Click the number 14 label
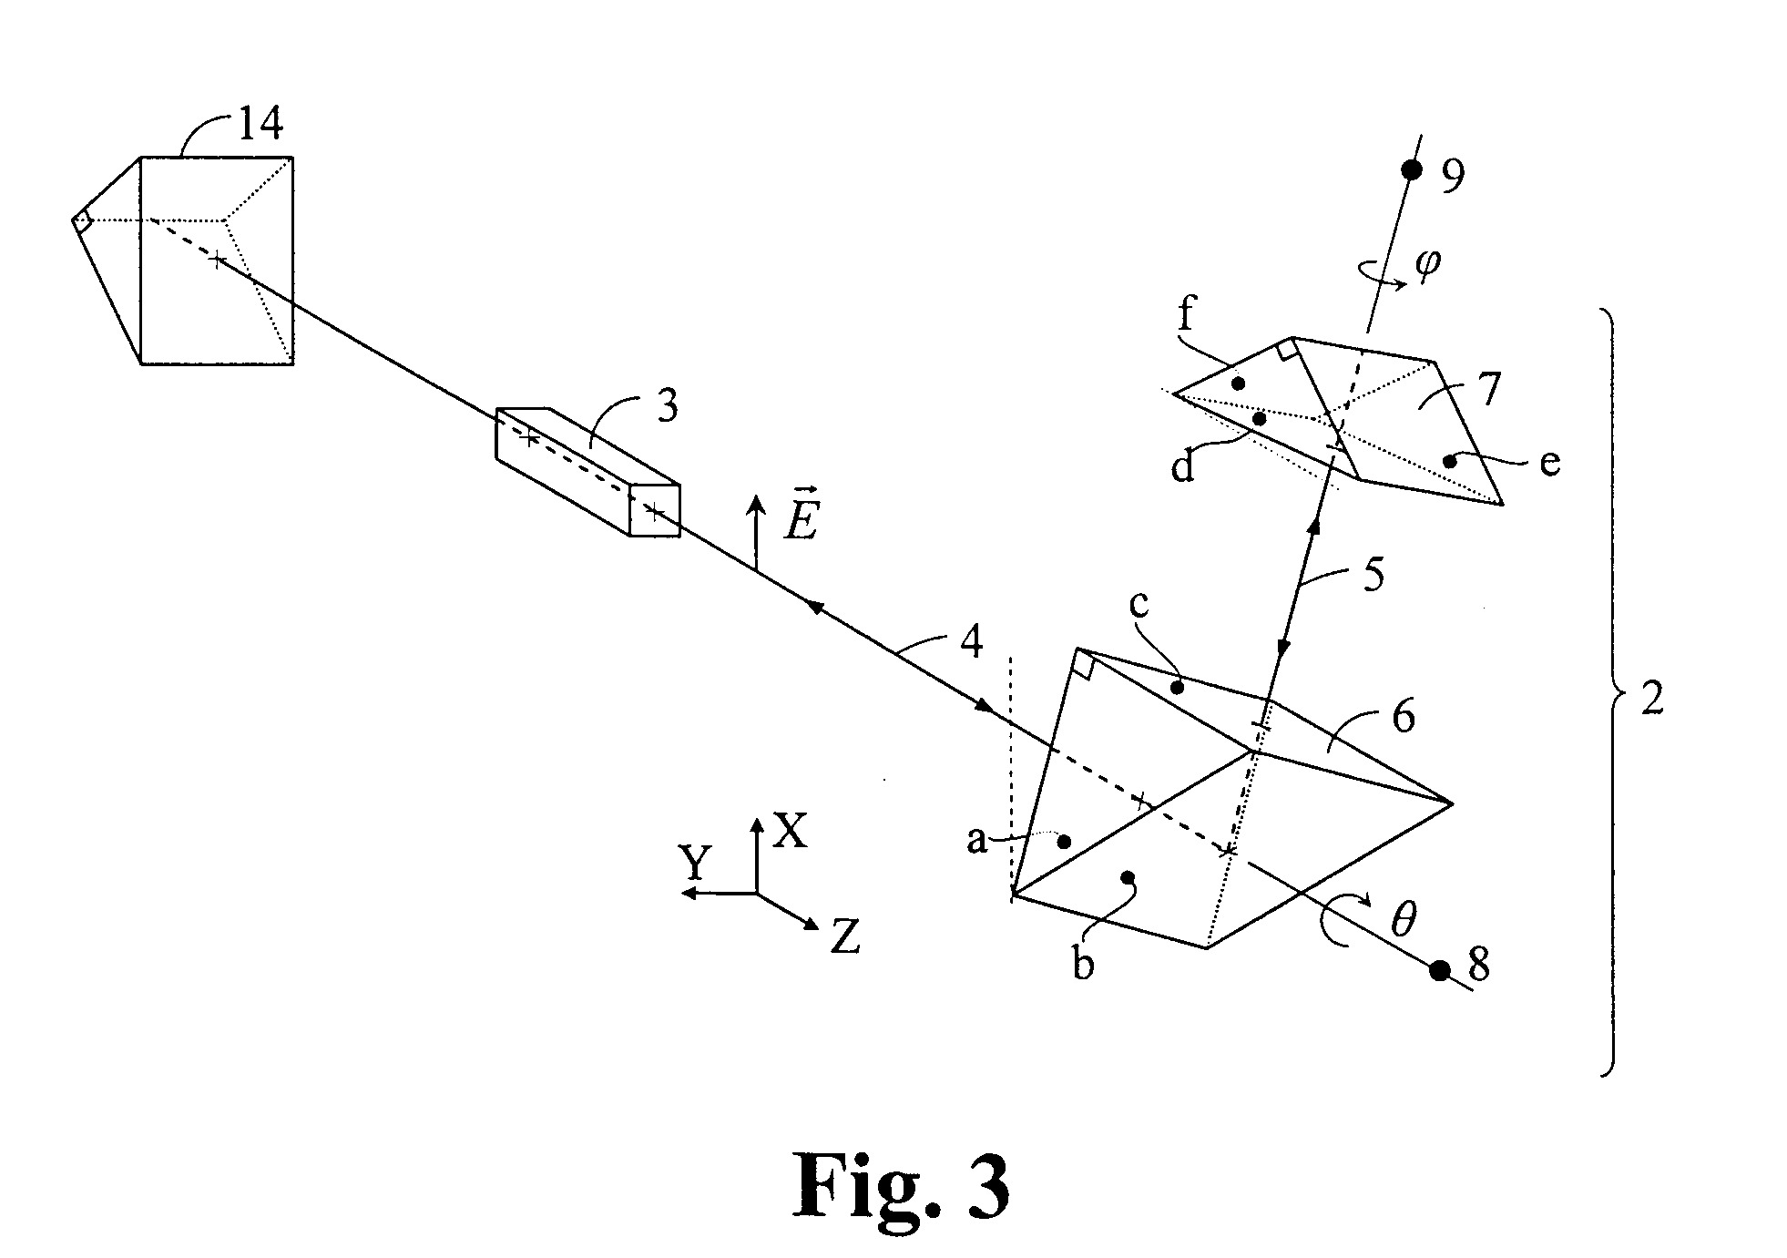260,123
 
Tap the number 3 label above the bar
668,406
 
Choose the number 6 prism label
1404,717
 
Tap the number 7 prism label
1487,389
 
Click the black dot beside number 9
1411,169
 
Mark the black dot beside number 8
1439,970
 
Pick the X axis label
790,831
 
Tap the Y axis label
695,862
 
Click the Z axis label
845,936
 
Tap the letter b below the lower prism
1082,964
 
